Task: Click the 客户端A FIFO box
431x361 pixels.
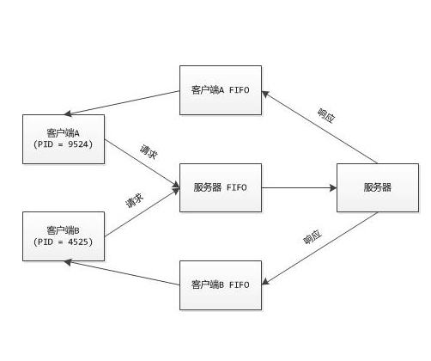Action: (x=221, y=90)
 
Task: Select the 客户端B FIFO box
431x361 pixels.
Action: (x=221, y=285)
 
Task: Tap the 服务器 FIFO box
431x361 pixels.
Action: (x=221, y=187)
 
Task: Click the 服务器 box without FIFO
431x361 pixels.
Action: (x=378, y=187)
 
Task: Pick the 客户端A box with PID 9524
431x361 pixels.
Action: (x=64, y=139)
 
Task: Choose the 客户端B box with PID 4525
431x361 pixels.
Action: (x=64, y=236)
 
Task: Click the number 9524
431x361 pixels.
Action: (x=78, y=144)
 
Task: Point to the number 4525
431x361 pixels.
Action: (x=78, y=242)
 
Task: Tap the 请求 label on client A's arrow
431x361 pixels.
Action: (x=149, y=152)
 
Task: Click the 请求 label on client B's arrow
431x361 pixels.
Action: (x=135, y=200)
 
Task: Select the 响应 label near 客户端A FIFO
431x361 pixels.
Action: (x=326, y=116)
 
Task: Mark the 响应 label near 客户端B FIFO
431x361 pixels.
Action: (x=313, y=236)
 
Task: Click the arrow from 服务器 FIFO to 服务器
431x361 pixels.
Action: (x=299, y=188)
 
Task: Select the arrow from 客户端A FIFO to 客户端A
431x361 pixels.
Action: (x=122, y=103)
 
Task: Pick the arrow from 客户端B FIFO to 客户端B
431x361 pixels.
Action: (x=122, y=273)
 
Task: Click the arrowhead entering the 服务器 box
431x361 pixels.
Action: (x=333, y=188)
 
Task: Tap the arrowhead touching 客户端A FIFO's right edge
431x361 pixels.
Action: (x=265, y=94)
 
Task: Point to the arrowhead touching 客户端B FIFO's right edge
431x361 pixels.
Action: (x=265, y=282)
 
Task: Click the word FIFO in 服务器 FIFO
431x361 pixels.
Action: (x=237, y=187)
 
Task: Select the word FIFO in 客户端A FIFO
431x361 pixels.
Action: (x=240, y=90)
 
